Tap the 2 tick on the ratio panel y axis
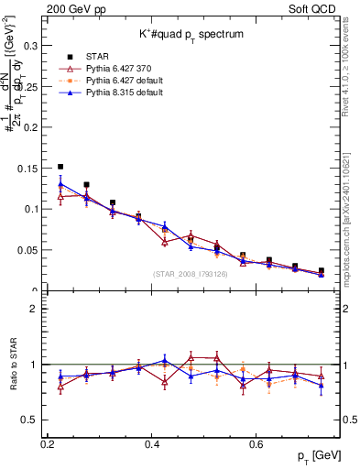37,309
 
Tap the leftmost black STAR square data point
60,167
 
